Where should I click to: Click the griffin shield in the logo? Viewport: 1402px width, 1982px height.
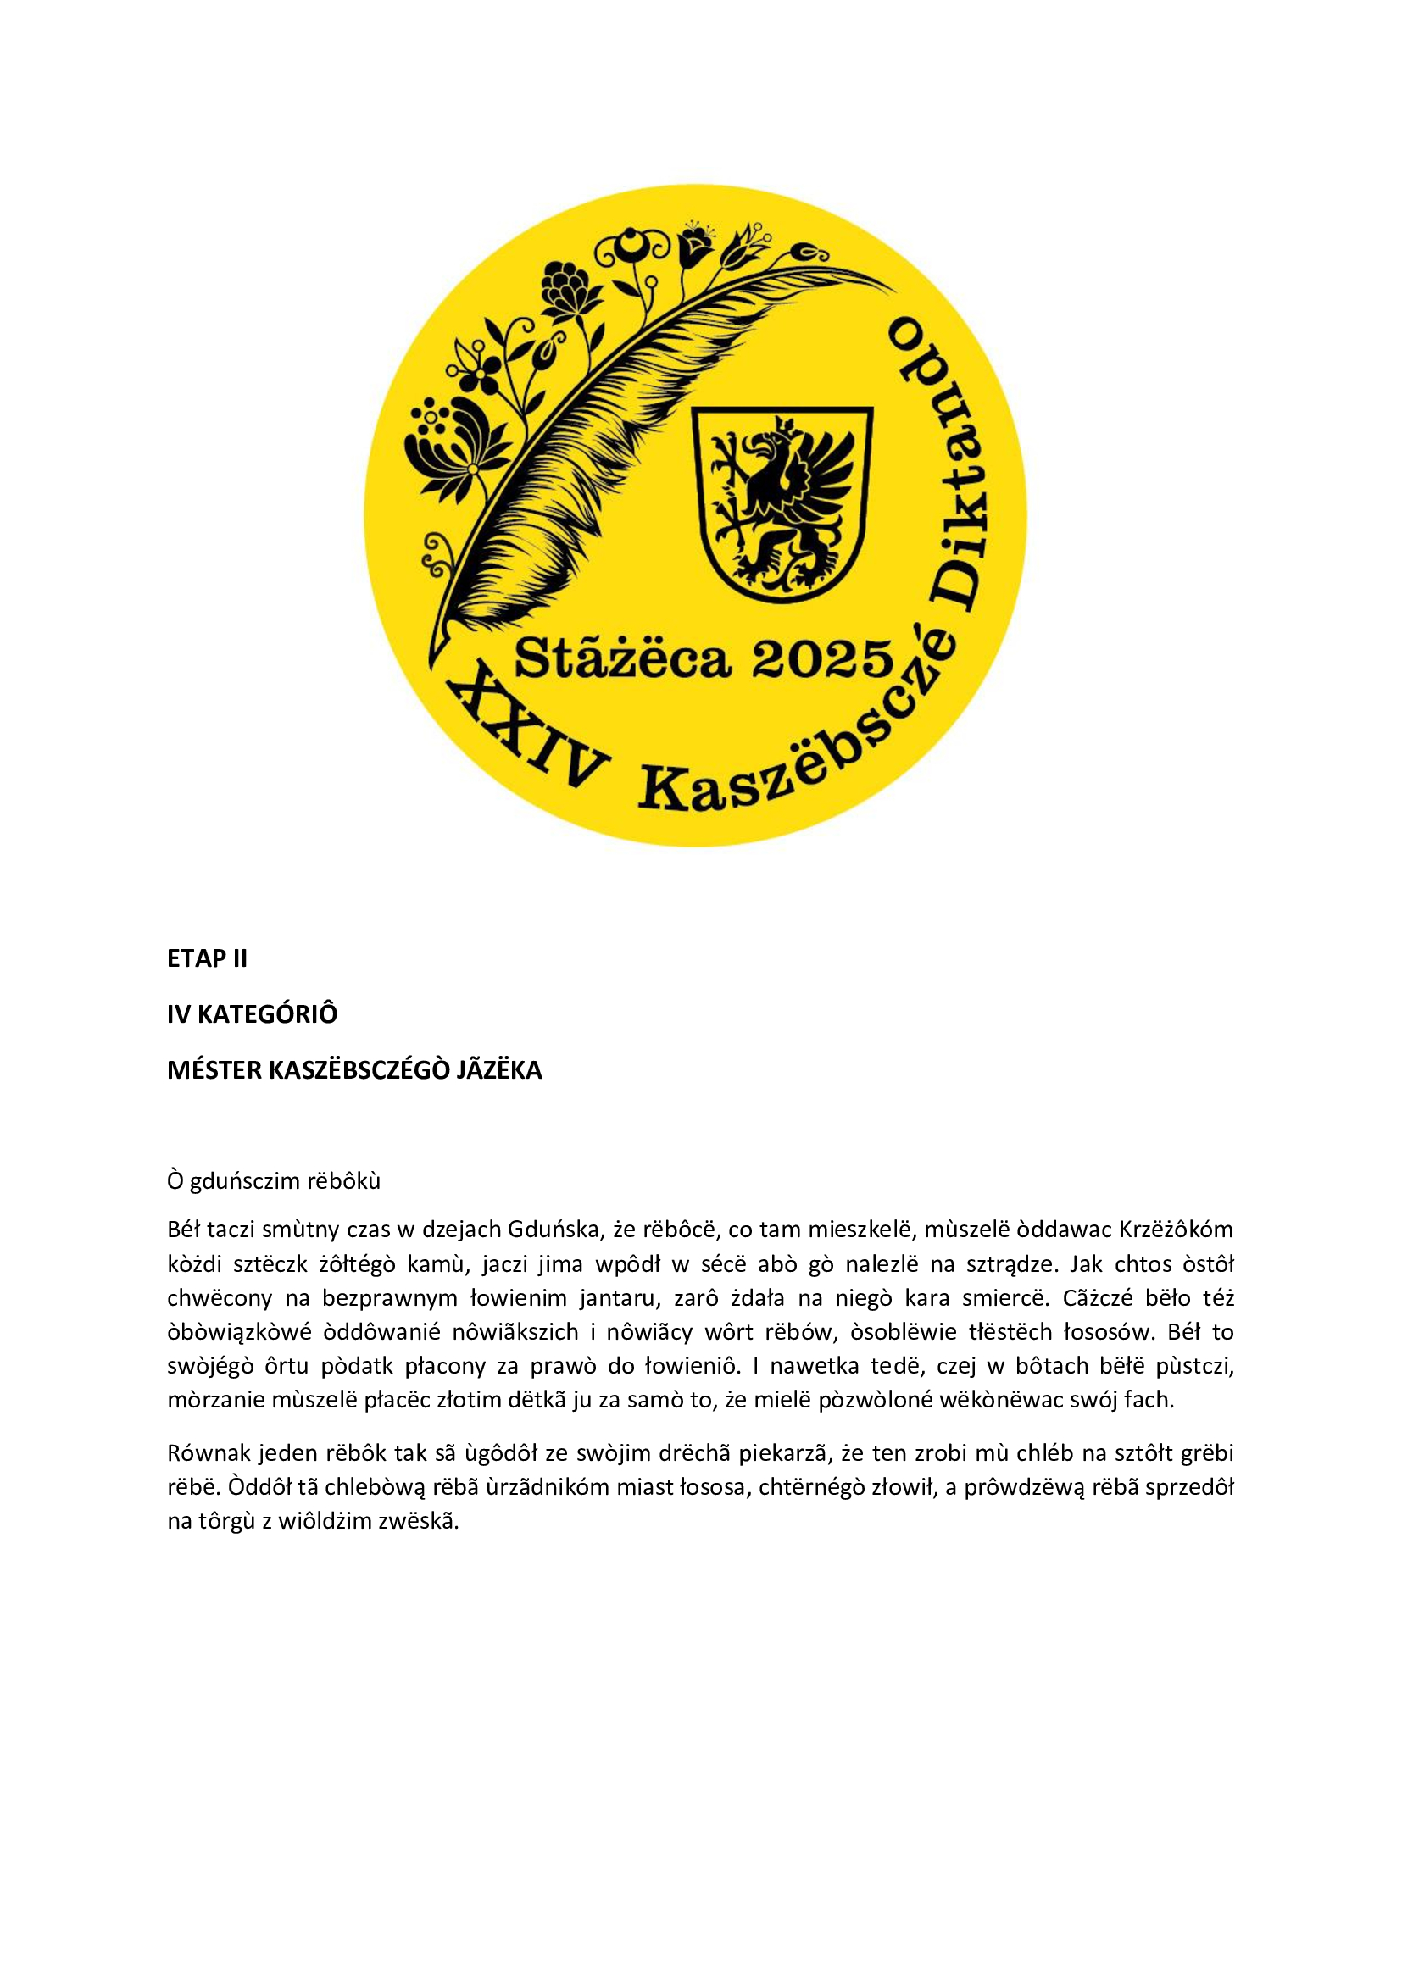click(784, 503)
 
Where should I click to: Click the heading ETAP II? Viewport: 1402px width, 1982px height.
click(207, 959)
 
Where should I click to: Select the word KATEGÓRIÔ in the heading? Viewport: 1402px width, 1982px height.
click(267, 1014)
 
